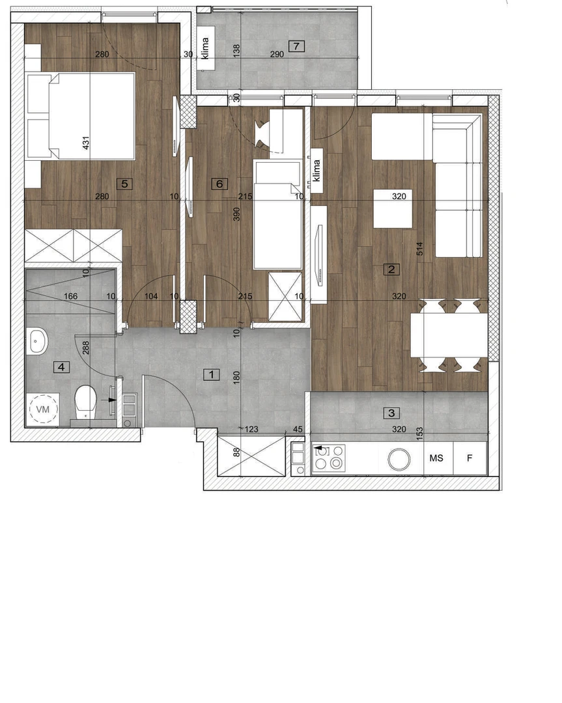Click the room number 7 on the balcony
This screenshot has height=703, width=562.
[x=296, y=46]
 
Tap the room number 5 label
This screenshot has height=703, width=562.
[x=124, y=184]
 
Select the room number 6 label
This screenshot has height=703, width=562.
[x=219, y=184]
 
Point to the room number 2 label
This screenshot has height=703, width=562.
[x=391, y=269]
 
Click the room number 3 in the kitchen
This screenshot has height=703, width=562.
[x=391, y=413]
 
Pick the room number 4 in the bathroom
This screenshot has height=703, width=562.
[x=61, y=367]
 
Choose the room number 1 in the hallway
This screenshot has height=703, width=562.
[x=212, y=374]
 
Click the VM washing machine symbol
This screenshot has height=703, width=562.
[x=43, y=409]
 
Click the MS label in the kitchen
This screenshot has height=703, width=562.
[x=436, y=458]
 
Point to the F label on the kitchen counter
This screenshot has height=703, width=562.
[x=470, y=458]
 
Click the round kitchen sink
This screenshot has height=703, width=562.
[x=399, y=459]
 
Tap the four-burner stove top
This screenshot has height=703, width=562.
[x=329, y=458]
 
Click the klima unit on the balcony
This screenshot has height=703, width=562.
[x=206, y=48]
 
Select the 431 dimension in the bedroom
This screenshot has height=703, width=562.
[x=86, y=143]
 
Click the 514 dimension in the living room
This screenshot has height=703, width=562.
[x=419, y=249]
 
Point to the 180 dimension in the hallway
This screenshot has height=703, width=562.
[x=236, y=377]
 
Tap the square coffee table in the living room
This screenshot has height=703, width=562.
[x=393, y=208]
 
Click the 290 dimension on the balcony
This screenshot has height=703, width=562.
[x=277, y=54]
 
